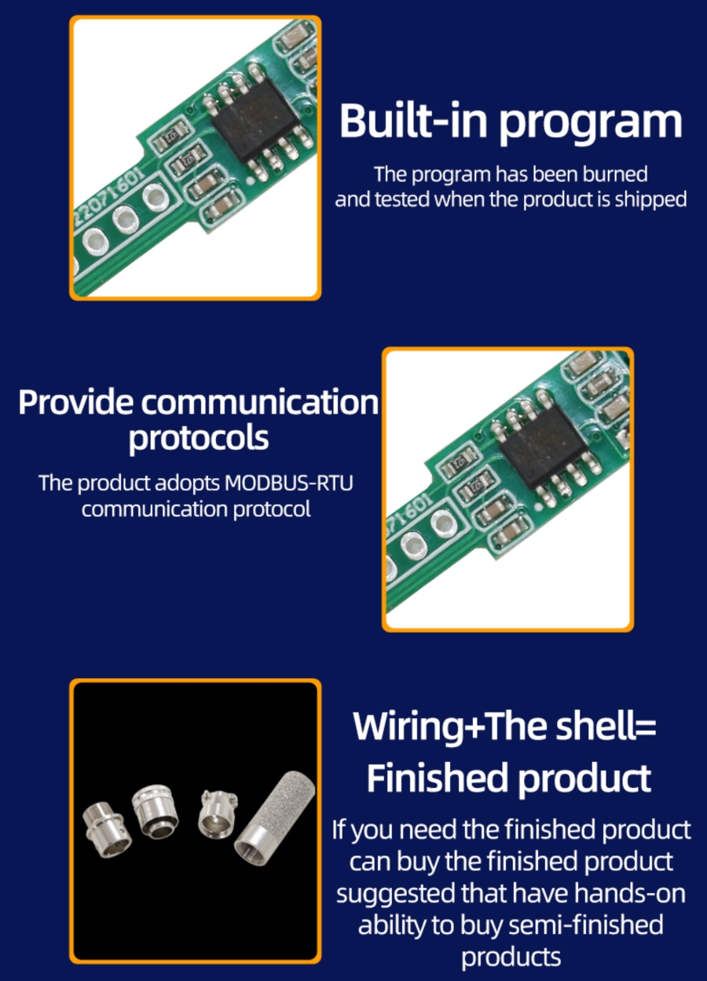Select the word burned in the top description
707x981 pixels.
pos(617,173)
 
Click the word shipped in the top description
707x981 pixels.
pos(650,199)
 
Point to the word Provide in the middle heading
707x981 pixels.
pos(75,402)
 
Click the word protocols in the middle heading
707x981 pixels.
pos(198,438)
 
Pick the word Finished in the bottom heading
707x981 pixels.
pos(436,779)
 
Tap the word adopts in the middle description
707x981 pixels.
pos(186,482)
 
